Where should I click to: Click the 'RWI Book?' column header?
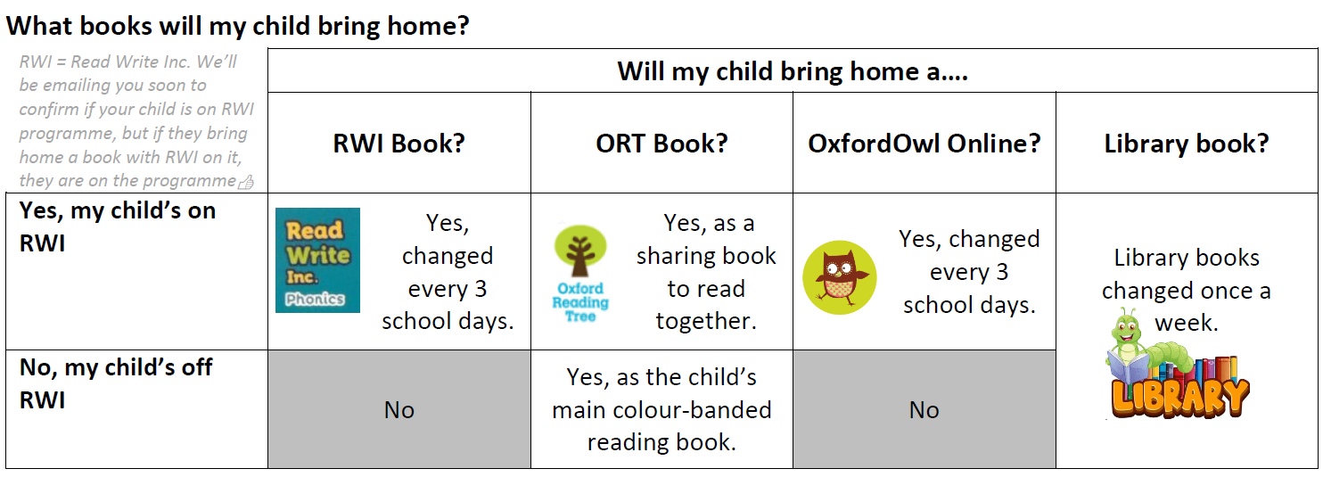(x=399, y=144)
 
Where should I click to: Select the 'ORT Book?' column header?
(x=661, y=144)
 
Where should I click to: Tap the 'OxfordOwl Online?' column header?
(x=924, y=144)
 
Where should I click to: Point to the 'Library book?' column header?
(x=1187, y=144)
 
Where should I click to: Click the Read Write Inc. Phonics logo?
(x=317, y=259)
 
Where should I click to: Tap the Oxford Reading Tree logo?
(x=580, y=274)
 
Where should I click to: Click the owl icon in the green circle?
(x=839, y=277)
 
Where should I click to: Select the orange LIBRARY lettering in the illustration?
(x=1180, y=399)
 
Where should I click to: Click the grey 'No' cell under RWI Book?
(x=399, y=410)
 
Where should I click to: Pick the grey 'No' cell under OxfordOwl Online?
(x=924, y=410)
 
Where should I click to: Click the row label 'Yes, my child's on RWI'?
(x=118, y=226)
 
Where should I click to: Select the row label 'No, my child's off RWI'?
(x=116, y=383)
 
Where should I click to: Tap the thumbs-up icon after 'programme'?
(x=246, y=183)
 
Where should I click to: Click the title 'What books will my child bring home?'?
(x=237, y=26)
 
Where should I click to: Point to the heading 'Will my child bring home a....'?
(x=793, y=71)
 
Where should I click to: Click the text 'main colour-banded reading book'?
(x=661, y=425)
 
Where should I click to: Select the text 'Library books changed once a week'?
(x=1187, y=290)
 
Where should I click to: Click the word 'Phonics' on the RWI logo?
(x=315, y=299)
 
